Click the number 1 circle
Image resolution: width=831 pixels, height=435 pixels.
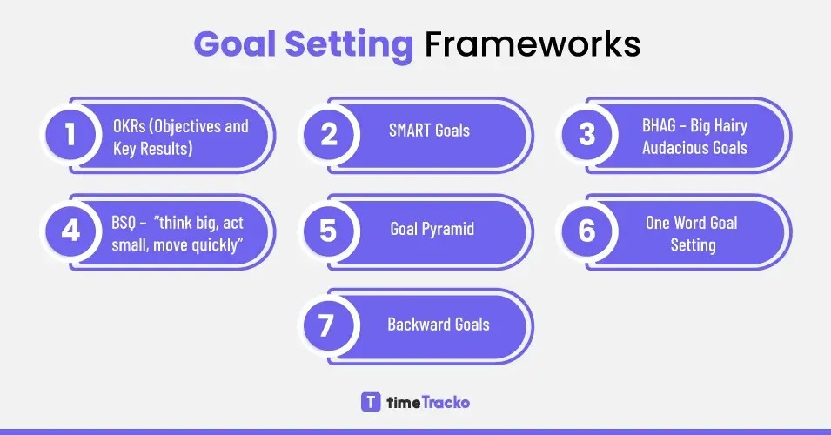[70, 136]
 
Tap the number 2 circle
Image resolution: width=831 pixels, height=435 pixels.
[328, 136]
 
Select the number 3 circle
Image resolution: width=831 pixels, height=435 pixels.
[586, 136]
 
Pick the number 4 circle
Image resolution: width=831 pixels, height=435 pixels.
[70, 231]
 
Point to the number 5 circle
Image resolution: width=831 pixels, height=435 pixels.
[328, 231]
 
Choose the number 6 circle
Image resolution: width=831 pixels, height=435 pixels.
[586, 231]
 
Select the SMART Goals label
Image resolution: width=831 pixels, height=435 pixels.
[429, 130]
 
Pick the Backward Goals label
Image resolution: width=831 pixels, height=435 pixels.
[438, 325]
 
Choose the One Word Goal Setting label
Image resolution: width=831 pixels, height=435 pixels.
[692, 233]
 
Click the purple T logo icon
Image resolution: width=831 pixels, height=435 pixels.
[370, 402]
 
